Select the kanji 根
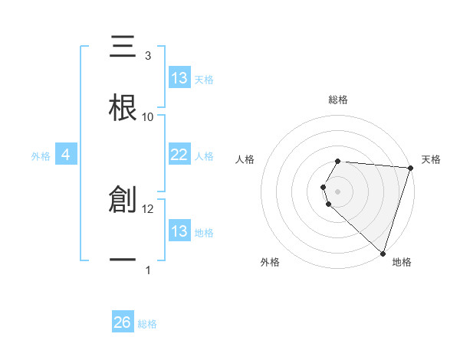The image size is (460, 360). pos(123,108)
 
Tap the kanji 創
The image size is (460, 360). pos(123,200)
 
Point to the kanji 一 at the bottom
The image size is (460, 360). pos(123,260)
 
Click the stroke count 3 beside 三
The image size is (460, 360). pos(147,56)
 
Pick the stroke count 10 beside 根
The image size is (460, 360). pos(148,117)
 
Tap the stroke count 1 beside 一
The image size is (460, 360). pos(147,270)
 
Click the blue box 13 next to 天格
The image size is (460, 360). pos(179,78)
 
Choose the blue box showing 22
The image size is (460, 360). pos(179,155)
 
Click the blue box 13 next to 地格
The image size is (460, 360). pos(179,231)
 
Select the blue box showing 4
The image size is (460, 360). pos(66,155)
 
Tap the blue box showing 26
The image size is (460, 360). pos(123,322)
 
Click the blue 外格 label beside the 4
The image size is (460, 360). pos(41,155)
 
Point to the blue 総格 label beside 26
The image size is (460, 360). pos(147,324)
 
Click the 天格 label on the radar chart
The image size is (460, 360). pos(431,159)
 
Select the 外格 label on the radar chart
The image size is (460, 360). pos(270,262)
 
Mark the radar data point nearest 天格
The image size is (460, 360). pos(410,169)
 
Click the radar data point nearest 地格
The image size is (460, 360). pos(383,253)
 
